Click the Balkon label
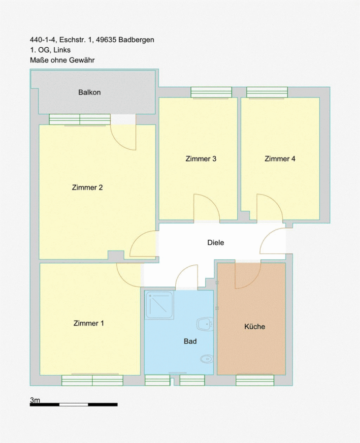point(89,93)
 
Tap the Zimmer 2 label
point(87,188)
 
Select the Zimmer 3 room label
point(200,159)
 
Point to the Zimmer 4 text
point(280,159)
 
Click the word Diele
point(216,242)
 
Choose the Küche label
point(255,327)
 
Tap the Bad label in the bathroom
point(190,341)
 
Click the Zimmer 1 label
point(89,323)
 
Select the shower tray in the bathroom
point(159,305)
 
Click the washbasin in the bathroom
point(206,324)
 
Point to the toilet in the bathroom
point(207,359)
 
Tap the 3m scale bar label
point(35,400)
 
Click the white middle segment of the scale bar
point(74,405)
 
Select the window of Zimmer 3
point(211,93)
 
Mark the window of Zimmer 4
point(267,93)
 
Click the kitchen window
point(255,380)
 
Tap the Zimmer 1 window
point(93,380)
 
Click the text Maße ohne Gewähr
point(62,60)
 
